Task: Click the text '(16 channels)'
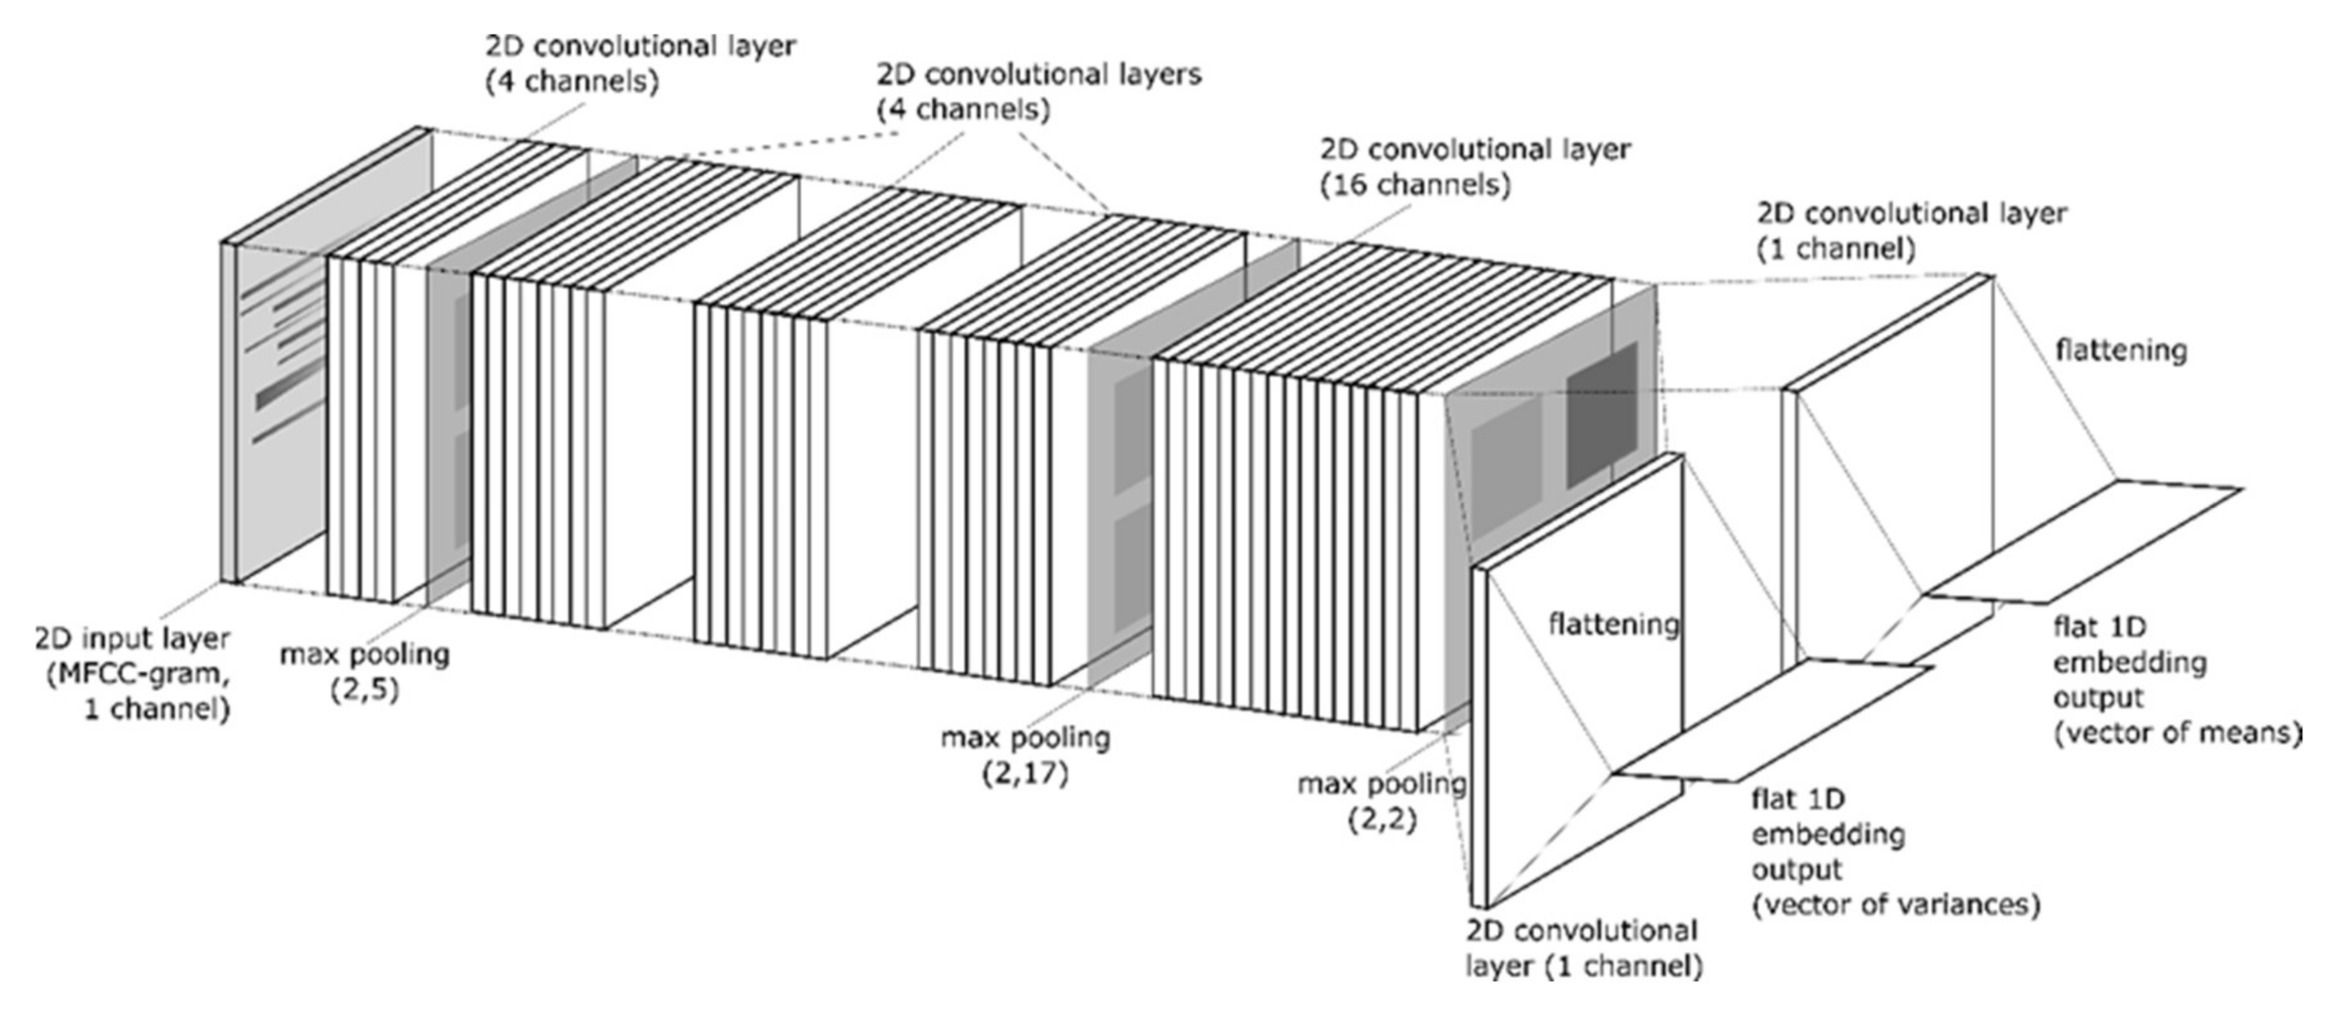click(x=1415, y=185)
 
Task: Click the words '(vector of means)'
click(x=2177, y=733)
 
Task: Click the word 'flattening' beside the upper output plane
click(x=2121, y=350)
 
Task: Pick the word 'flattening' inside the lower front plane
click(x=1614, y=625)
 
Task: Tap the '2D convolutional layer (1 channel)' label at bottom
click(x=1583, y=949)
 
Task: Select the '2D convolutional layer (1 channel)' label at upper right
click(x=1912, y=231)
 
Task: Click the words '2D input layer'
click(x=132, y=638)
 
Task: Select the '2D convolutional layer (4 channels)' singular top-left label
click(x=639, y=63)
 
